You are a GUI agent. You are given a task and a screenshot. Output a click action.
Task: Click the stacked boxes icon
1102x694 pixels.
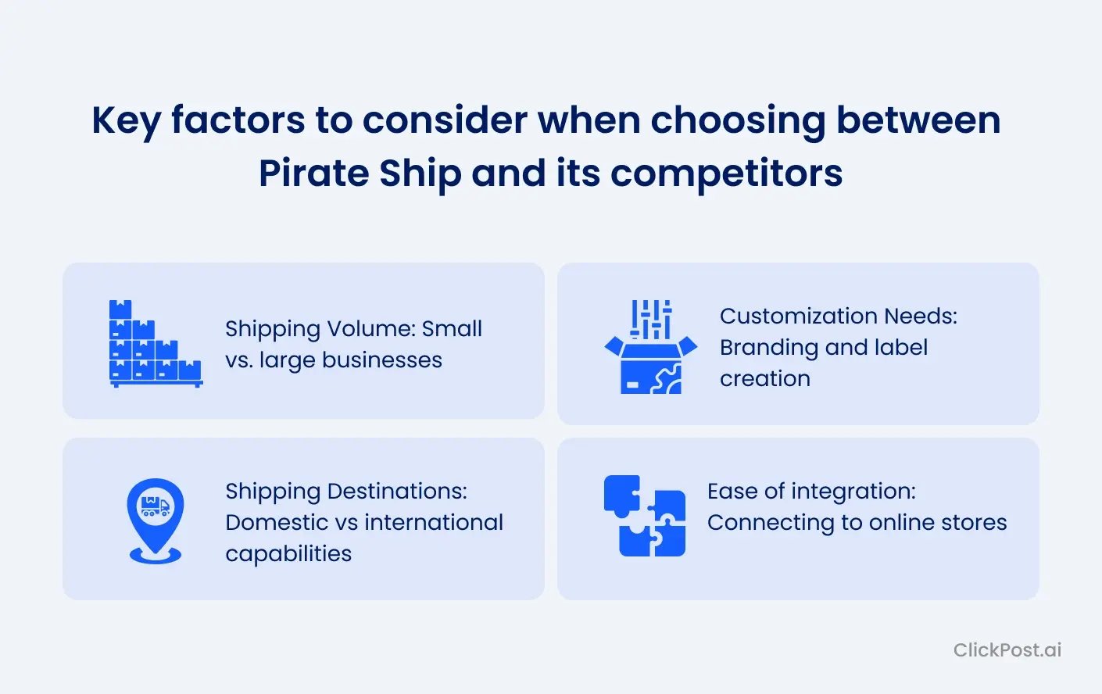pos(156,343)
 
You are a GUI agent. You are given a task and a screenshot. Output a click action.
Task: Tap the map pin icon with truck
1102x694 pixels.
pos(156,520)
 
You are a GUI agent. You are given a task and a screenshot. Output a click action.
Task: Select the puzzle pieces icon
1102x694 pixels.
pos(644,516)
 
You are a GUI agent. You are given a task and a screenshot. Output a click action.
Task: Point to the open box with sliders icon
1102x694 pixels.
pos(650,346)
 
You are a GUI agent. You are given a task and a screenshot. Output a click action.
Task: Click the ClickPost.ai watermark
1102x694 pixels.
pos(1007,649)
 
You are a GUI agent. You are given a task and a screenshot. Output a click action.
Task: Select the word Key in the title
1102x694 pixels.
pos(126,121)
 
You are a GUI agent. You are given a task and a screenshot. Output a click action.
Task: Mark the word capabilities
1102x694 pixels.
pos(288,553)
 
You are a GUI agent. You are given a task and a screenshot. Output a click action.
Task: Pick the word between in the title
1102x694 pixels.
pos(918,121)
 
